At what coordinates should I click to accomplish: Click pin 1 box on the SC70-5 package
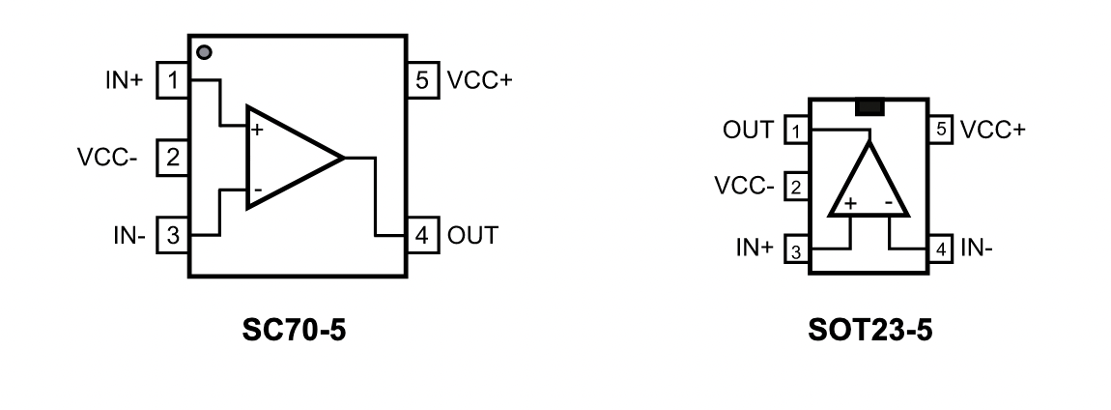point(173,80)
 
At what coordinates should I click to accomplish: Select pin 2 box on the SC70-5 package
point(173,158)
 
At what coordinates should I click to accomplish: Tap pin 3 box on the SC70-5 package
point(173,235)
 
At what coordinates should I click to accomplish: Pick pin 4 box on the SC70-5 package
point(422,235)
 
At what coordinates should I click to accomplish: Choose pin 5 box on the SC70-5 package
point(422,80)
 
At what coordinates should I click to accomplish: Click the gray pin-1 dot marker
point(204,52)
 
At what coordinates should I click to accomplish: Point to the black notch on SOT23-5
point(870,107)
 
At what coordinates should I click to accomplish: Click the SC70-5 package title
point(294,330)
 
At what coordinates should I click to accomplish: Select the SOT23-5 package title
point(870,330)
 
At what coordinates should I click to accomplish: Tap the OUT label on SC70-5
point(472,236)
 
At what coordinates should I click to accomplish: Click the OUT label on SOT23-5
point(748,131)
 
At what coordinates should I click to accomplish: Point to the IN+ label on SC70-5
point(124,81)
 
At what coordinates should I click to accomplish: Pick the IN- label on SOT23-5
point(977,249)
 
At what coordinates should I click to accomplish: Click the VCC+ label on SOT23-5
point(992,131)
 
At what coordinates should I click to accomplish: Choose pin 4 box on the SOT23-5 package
point(940,250)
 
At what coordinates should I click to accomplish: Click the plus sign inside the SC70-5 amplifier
point(256,130)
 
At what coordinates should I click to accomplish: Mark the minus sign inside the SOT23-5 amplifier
point(888,203)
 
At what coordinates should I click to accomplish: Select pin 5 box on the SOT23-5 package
point(940,130)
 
